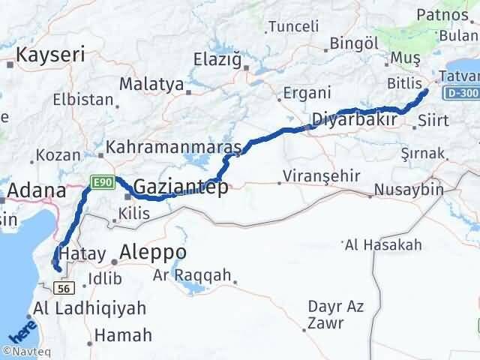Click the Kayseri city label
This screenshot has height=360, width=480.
tap(50, 54)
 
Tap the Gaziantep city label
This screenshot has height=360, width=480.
tap(181, 188)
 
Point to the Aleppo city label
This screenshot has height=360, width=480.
tap(154, 252)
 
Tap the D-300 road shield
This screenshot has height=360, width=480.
tap(460, 93)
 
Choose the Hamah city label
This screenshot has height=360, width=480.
tap(121, 335)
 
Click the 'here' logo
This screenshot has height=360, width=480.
tap(19, 333)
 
